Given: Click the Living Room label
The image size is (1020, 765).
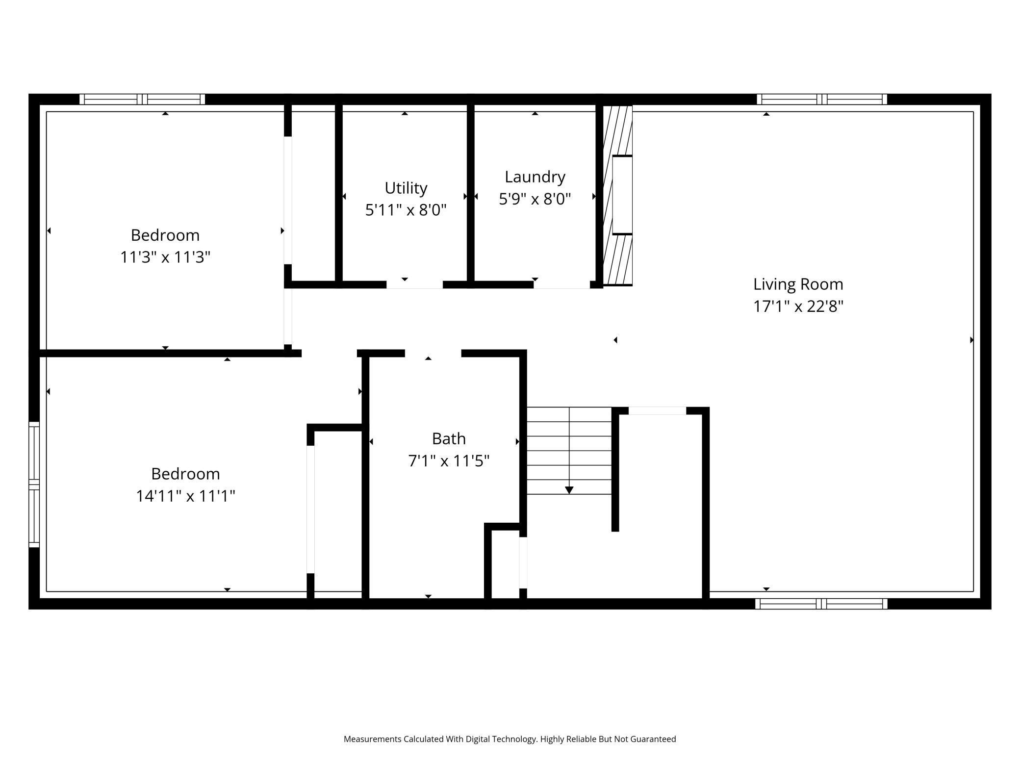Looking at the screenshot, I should point(798,284).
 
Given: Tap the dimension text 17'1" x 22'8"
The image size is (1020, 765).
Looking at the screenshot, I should point(798,307).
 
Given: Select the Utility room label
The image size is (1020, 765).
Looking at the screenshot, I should point(406,188).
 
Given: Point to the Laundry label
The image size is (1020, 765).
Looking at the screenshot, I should point(535,177).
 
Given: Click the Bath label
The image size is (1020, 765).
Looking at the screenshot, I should point(448,439).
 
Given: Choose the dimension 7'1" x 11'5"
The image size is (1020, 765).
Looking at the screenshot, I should point(448,461).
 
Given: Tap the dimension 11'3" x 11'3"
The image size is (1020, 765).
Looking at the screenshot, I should point(165,257).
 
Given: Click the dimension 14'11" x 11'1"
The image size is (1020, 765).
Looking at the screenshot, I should point(185,496).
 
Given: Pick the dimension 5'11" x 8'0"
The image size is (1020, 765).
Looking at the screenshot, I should point(406,210).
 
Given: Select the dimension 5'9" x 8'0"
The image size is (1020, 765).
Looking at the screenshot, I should point(535,199).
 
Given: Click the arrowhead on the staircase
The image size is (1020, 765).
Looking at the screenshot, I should point(569,490).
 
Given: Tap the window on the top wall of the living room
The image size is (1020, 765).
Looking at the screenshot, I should point(821,100).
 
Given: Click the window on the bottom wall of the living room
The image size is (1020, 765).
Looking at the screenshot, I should point(821,604).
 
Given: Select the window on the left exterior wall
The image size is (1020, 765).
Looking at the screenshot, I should point(34,484).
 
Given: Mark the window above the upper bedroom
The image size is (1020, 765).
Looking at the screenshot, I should point(142,100).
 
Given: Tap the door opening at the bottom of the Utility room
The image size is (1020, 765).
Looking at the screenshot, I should point(414,285).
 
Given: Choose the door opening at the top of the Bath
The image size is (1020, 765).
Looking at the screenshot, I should point(433,353).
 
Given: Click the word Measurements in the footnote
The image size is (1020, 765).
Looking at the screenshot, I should point(372,739).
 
